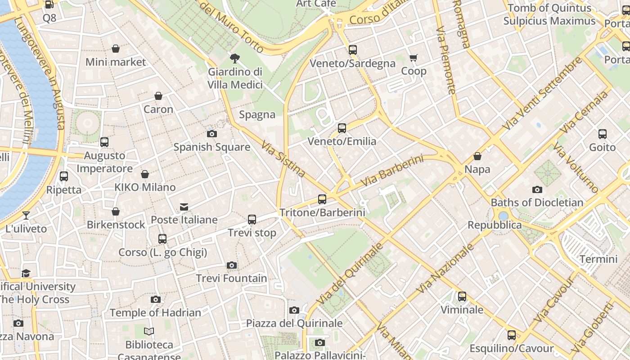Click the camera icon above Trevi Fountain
[x=232, y=265]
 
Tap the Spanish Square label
[x=211, y=147]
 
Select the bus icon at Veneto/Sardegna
[x=353, y=50]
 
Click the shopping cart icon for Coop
[x=414, y=58]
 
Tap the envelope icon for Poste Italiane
[x=184, y=207]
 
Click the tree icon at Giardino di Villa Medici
[x=234, y=58]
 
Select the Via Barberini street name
[x=392, y=171]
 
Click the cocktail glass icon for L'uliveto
[x=26, y=215]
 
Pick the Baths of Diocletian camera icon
[x=537, y=189]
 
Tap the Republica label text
[x=495, y=225]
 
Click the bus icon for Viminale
[x=462, y=297]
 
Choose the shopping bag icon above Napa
[x=477, y=156]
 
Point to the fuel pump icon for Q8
[x=49, y=5]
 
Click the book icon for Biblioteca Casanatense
[x=149, y=332]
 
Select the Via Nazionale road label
[x=445, y=269]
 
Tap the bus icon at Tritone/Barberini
[x=322, y=199]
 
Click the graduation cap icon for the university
[x=26, y=274]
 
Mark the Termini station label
[x=598, y=259]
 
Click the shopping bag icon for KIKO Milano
[x=145, y=174]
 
